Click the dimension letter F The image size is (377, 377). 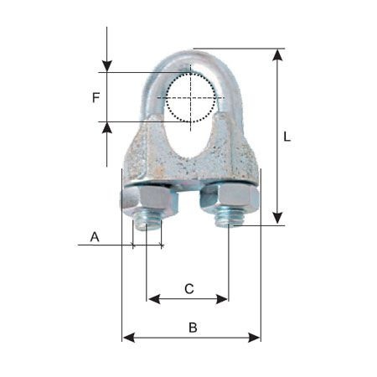(96, 98)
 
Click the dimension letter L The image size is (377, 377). (287, 137)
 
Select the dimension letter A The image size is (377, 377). (95, 237)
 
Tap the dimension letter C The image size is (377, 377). (189, 289)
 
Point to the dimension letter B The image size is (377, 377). (193, 328)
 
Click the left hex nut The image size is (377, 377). (149, 201)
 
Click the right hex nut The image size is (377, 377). (230, 199)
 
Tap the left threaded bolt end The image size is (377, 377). (147, 223)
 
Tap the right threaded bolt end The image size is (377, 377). (229, 219)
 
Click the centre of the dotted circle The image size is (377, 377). (191, 98)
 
